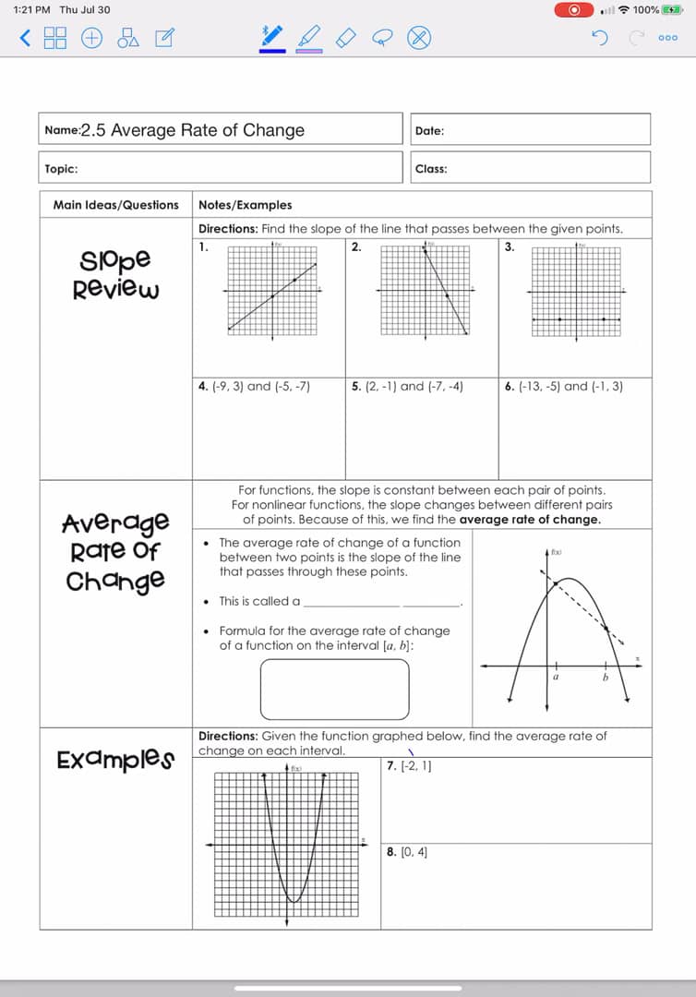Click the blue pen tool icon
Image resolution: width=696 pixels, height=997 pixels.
coord(271,36)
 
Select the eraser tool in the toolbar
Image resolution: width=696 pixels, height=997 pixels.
coord(345,37)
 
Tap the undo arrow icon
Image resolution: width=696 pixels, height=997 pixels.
coord(600,38)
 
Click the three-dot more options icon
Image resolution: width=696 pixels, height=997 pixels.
coord(668,38)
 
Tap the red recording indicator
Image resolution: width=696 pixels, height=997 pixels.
coord(575,9)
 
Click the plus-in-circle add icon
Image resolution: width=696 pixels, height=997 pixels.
coord(92,38)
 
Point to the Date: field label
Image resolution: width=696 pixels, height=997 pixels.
coord(429,131)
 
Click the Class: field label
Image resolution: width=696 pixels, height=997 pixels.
coord(431,169)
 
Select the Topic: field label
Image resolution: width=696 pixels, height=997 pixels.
coord(61,169)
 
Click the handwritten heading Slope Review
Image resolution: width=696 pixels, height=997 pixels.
coord(116,274)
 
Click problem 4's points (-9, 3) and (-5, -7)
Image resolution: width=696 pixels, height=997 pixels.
coord(254,387)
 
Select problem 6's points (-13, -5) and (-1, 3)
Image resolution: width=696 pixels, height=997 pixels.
coord(564,387)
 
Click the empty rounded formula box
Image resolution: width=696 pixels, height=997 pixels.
coord(334,689)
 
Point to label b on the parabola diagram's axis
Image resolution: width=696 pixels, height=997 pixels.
coord(606,677)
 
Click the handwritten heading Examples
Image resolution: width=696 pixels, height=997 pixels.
coord(115,760)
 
